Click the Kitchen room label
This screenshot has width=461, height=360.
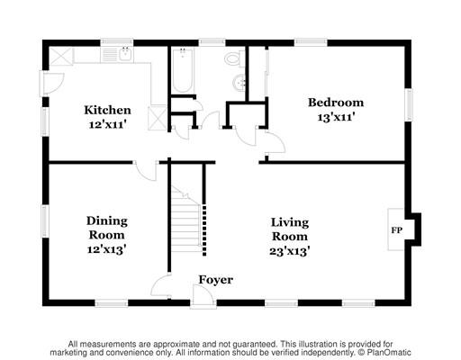[x=107, y=110]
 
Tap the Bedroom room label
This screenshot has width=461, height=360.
[x=336, y=103]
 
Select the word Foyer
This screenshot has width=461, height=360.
[x=216, y=280]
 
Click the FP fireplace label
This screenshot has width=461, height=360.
[x=396, y=230]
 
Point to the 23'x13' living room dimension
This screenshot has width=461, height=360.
[x=289, y=251]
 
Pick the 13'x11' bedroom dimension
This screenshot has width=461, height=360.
[x=336, y=117]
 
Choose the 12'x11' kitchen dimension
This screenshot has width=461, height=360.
[x=107, y=124]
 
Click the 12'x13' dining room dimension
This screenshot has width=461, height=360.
[x=106, y=249]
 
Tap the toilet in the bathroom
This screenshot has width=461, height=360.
[x=235, y=58]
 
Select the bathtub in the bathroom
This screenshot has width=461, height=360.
[x=183, y=71]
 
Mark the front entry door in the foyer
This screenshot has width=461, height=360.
[x=203, y=296]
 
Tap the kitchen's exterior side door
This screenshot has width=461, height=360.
[x=51, y=83]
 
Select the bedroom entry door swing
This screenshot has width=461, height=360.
[x=276, y=143]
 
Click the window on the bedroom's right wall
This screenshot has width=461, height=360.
[x=409, y=105]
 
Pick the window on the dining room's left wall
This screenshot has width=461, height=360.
[x=45, y=221]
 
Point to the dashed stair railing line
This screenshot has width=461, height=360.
[x=204, y=230]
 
